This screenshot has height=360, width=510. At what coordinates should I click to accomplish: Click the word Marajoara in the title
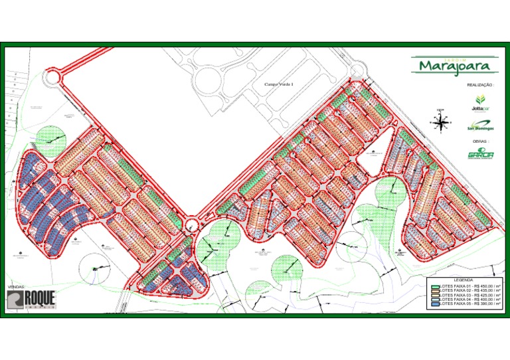(x=454, y=66)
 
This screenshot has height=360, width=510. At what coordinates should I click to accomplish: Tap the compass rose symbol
(x=440, y=122)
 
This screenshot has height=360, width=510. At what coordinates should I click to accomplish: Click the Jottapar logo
(x=479, y=102)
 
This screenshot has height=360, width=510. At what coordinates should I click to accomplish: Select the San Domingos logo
(x=480, y=125)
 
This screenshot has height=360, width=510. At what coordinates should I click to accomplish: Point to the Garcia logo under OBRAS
(x=480, y=154)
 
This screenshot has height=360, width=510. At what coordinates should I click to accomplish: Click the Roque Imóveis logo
(x=39, y=300)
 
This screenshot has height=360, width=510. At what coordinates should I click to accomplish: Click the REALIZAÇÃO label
(x=480, y=85)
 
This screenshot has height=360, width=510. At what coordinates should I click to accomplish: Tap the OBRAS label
(x=480, y=141)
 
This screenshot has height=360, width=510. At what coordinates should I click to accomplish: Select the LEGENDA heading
(x=464, y=280)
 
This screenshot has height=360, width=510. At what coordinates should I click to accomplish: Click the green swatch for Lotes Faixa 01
(x=435, y=286)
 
